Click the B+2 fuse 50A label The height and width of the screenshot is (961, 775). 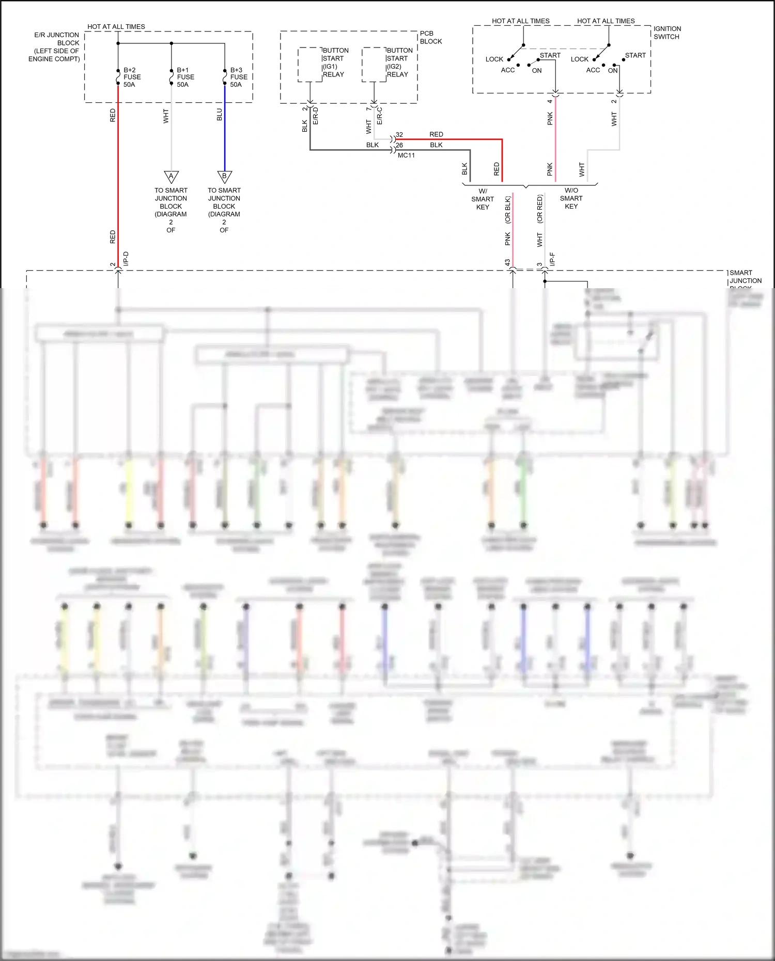(x=132, y=77)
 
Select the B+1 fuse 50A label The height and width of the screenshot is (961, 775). (x=185, y=77)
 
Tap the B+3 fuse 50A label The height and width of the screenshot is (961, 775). (x=238, y=77)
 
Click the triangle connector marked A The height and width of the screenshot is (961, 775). (x=171, y=177)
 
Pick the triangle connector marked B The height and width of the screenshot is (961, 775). (x=224, y=177)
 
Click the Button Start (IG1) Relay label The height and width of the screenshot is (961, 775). (x=335, y=62)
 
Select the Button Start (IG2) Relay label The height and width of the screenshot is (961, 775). (x=399, y=62)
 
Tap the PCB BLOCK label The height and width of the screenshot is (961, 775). (x=430, y=37)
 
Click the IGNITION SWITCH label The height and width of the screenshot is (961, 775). (x=667, y=33)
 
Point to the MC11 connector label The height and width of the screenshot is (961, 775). (x=406, y=155)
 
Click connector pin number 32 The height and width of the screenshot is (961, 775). (x=399, y=135)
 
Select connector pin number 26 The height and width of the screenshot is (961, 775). (x=399, y=146)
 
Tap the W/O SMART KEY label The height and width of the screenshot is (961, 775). (x=571, y=198)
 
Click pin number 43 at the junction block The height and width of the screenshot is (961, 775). (x=507, y=263)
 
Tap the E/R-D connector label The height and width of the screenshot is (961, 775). (x=316, y=116)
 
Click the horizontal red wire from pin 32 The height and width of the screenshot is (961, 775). (x=450, y=139)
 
